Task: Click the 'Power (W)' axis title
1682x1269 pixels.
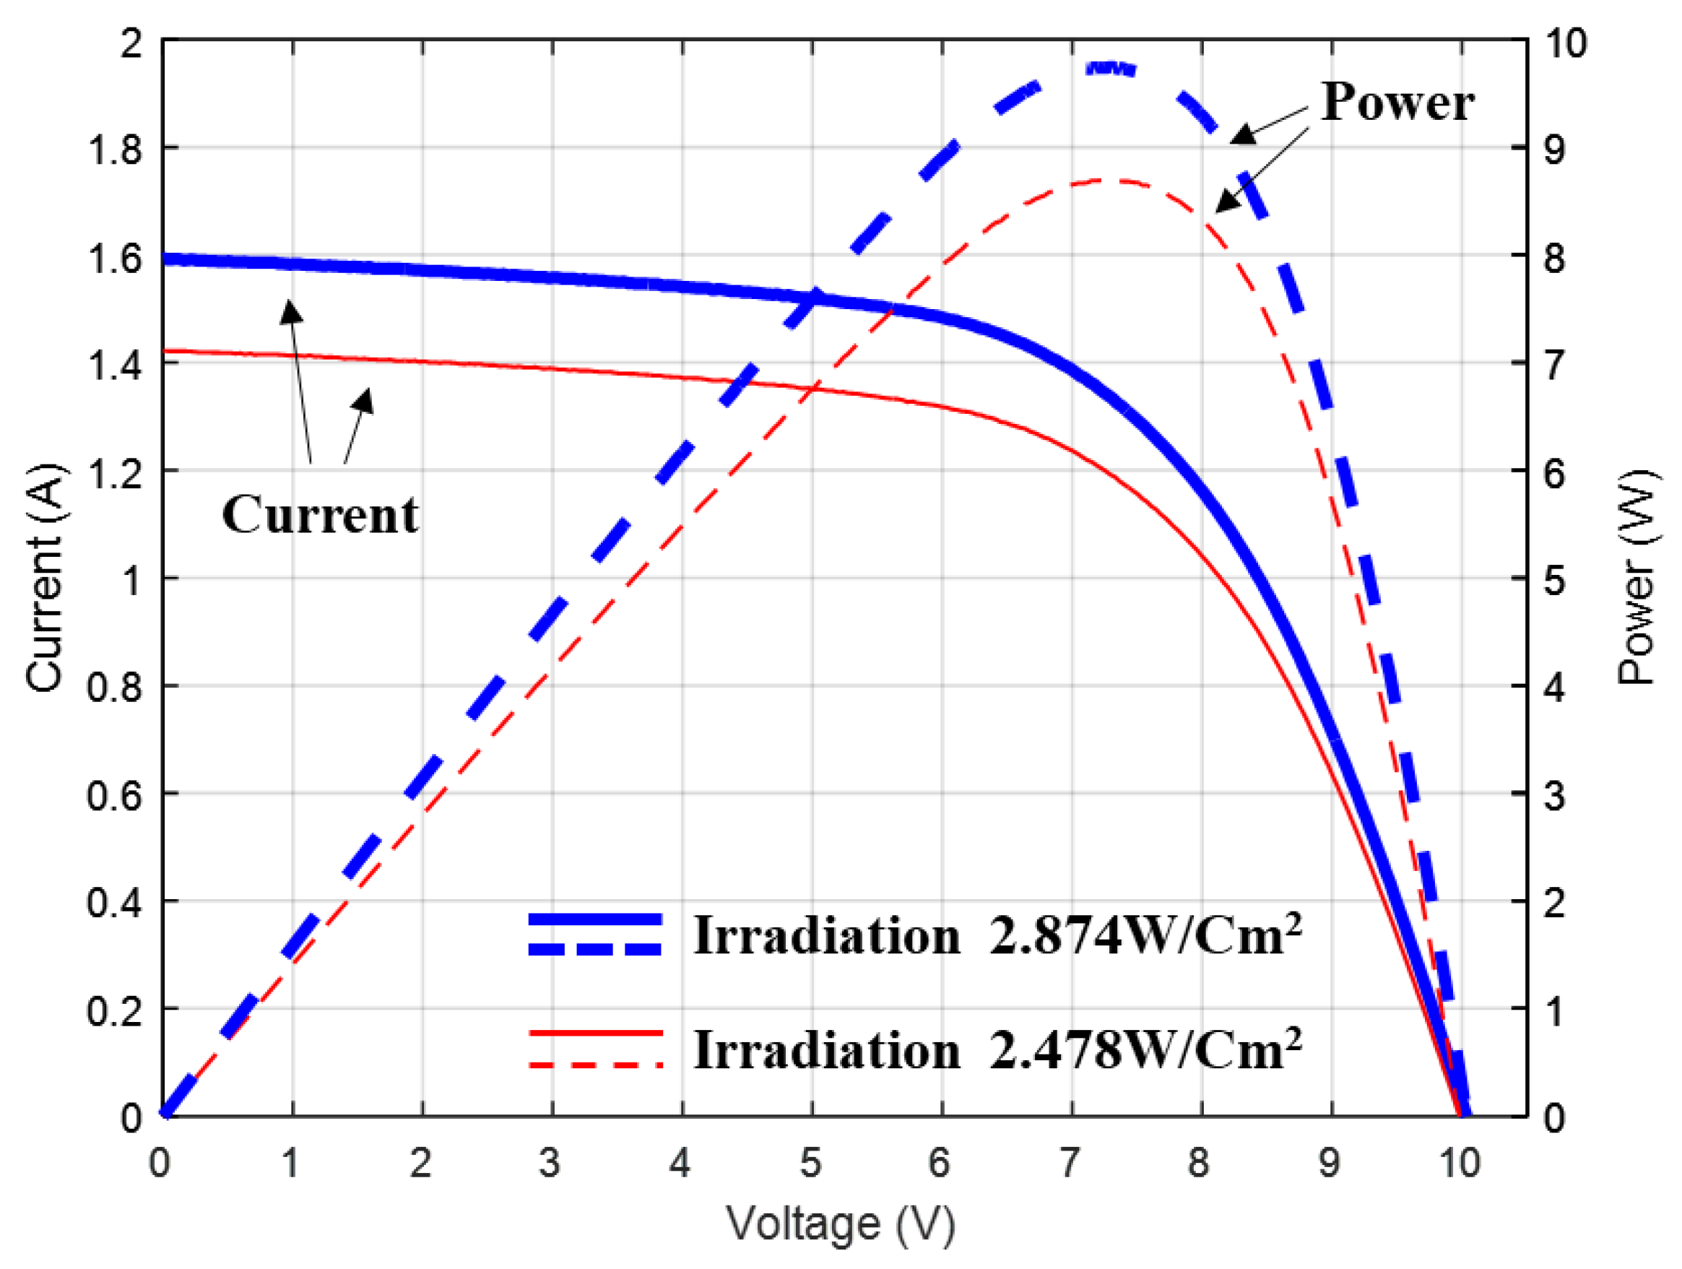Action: [x=1637, y=578]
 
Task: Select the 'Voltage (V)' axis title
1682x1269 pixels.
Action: [x=841, y=1223]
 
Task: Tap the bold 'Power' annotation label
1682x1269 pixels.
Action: [x=1397, y=102]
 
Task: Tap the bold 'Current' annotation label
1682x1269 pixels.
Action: [x=320, y=515]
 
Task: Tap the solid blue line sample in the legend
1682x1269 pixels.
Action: [x=595, y=919]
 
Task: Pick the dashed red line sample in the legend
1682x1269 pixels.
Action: [x=595, y=1065]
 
